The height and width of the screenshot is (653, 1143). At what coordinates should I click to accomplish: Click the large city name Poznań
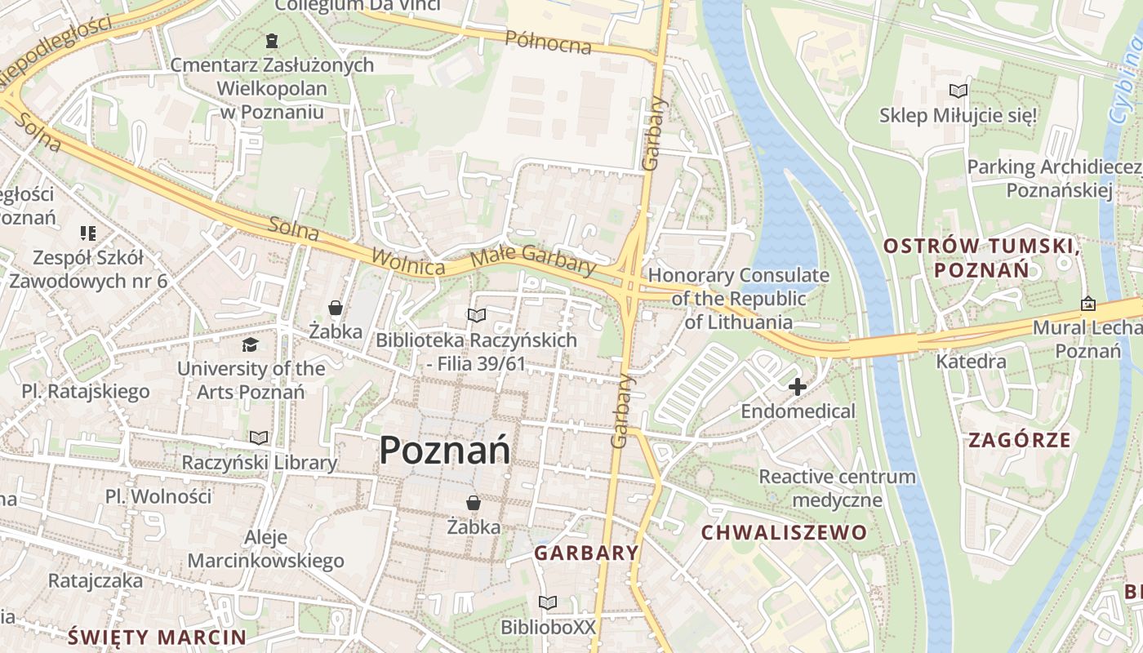point(445,450)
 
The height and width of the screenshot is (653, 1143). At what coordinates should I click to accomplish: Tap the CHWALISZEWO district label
point(784,533)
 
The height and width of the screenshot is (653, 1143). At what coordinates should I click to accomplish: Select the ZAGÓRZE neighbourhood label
point(1019,440)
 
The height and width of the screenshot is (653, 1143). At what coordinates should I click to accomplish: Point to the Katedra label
point(971,361)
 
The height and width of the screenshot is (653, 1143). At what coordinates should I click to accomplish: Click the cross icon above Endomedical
point(797,387)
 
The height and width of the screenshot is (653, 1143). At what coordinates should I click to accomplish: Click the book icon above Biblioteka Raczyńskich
point(476,315)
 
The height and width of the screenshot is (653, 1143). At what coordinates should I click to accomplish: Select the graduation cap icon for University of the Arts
point(250,345)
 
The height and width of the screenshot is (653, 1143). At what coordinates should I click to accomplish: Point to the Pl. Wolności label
point(158,496)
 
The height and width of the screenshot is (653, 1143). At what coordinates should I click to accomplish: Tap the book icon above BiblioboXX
point(548,602)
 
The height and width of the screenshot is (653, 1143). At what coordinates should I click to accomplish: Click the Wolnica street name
point(408,261)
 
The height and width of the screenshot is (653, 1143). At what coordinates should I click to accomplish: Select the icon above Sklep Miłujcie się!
point(958,91)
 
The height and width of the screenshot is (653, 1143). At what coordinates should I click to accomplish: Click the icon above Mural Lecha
point(1088,304)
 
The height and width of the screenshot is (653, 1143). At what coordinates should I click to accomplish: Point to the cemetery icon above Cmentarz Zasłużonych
point(271,40)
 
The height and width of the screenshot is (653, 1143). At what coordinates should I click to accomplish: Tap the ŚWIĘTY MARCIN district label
point(157,637)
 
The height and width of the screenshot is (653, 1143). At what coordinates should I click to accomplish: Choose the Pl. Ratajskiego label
point(86,391)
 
